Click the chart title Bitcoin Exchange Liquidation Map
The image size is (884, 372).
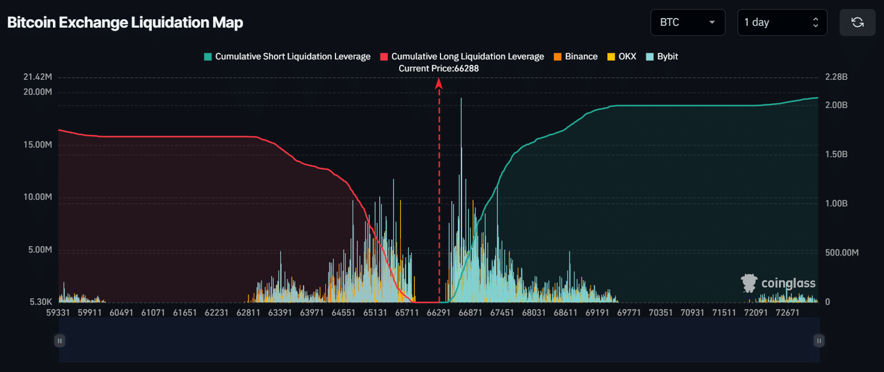coord(125,22)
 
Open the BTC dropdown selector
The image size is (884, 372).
coord(688,22)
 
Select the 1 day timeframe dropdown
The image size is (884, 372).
coord(782,22)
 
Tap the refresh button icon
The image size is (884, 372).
coord(858,22)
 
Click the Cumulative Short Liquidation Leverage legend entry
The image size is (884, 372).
coord(287,56)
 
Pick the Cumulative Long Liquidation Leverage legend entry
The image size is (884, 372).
coord(462,56)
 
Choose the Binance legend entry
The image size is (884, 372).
coord(576,56)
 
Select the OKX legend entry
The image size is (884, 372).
coord(622,56)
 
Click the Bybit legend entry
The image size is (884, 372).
coord(662,56)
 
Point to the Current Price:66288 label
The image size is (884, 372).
coord(439,68)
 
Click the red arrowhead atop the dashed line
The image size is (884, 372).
coord(439,83)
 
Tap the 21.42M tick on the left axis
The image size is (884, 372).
coord(37,77)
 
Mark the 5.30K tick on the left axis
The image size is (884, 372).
coord(41,302)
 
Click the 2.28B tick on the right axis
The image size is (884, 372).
coord(836,77)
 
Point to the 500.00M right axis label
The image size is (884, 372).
coord(842,253)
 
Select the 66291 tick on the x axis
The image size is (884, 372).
coord(439,313)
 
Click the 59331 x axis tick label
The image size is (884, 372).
coord(58,313)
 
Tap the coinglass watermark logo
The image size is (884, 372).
coord(778,283)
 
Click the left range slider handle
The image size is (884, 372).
coord(59,341)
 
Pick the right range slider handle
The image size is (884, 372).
coord(819,341)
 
